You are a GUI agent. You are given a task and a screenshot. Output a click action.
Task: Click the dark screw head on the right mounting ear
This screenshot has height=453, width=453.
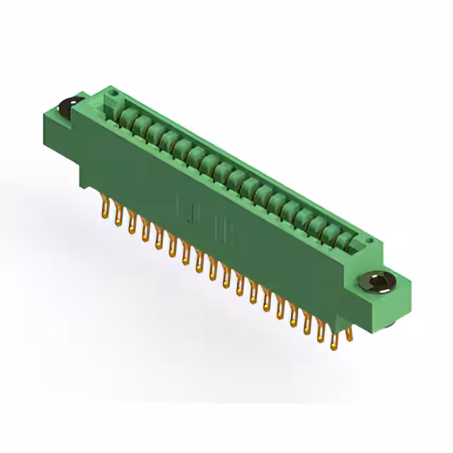378,283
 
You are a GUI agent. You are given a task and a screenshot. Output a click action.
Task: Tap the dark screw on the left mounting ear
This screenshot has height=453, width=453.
68,108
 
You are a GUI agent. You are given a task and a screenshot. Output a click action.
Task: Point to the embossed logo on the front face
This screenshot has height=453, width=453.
205,216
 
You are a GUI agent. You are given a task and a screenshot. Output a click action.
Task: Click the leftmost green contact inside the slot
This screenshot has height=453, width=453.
128,117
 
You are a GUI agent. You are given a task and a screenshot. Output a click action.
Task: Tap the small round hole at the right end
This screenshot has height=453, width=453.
368,243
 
